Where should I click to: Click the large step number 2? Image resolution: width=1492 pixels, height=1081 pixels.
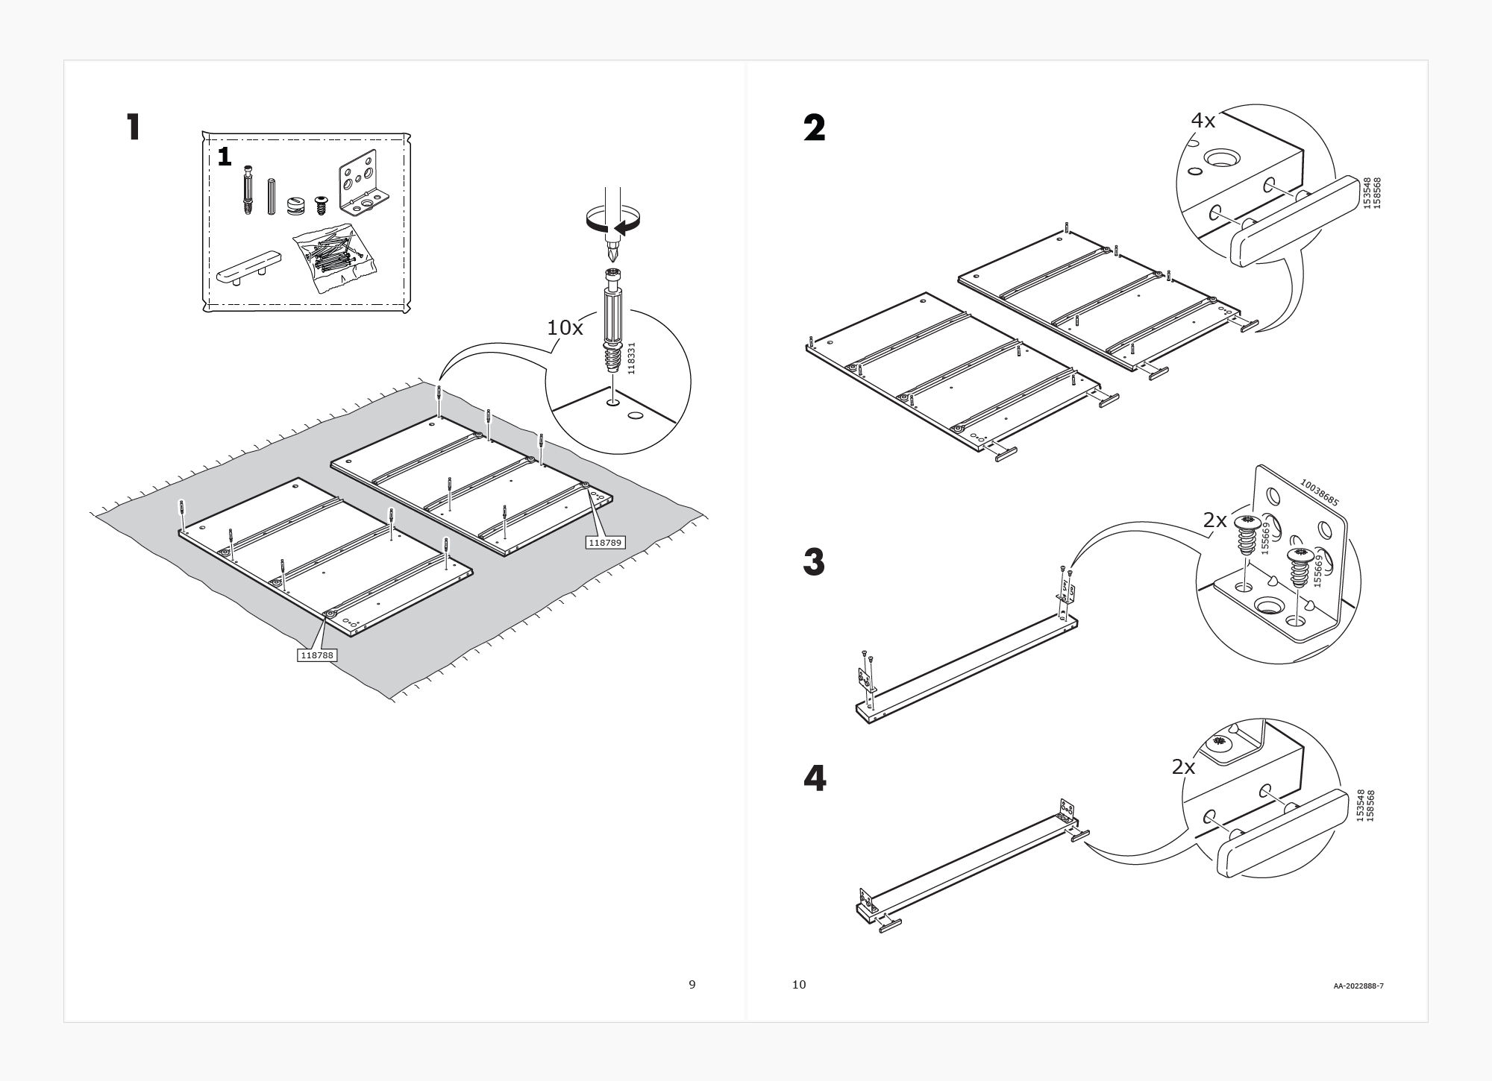point(814,128)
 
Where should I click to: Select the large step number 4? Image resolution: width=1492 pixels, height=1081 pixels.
point(814,779)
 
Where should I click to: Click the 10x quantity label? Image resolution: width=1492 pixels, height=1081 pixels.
point(565,327)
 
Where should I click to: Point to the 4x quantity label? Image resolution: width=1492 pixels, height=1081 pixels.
point(1203,120)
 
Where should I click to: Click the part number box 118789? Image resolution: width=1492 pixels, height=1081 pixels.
point(606,543)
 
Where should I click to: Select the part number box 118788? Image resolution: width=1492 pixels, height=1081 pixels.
point(317,655)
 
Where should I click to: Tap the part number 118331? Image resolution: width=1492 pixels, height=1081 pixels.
point(631,359)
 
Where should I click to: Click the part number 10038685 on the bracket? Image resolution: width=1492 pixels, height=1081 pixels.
point(1319,493)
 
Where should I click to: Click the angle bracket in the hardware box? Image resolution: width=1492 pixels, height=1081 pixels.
point(363,183)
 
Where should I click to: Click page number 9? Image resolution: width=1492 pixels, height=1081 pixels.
point(692,984)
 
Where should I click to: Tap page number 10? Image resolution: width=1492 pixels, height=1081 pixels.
point(799,984)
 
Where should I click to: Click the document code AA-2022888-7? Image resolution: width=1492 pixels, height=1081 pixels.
point(1358,986)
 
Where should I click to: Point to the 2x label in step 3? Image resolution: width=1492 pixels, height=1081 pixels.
point(1214,520)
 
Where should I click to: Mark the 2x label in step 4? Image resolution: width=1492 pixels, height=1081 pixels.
point(1183,766)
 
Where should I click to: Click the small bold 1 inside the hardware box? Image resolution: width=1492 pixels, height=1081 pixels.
point(225,157)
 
